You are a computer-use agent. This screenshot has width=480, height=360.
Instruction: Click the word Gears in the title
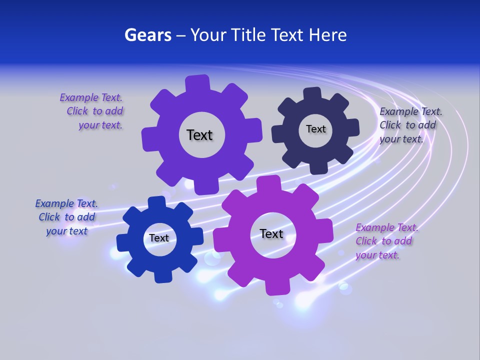pyautogui.click(x=147, y=35)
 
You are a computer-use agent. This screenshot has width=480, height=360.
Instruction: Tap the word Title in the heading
pyautogui.click(x=250, y=35)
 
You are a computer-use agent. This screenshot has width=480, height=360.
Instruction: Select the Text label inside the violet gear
pyautogui.click(x=199, y=135)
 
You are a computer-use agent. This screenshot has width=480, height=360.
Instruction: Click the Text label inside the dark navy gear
pyautogui.click(x=315, y=129)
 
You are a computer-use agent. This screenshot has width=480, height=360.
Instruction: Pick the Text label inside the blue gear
pyautogui.click(x=159, y=238)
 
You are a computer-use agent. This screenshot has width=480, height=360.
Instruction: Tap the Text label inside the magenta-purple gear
pyautogui.click(x=271, y=234)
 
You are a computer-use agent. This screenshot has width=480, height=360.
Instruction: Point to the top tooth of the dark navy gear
pyautogui.click(x=312, y=94)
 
